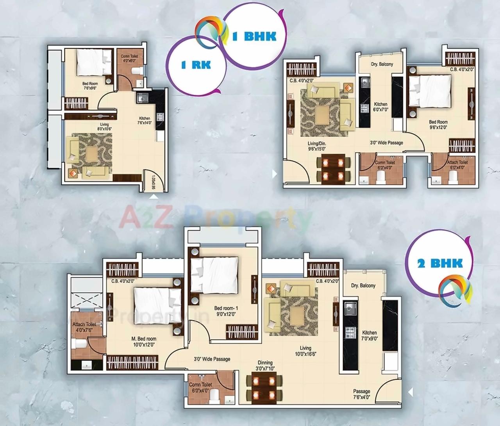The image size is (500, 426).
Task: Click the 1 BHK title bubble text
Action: click(254, 36)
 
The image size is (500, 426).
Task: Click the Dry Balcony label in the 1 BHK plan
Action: click(381, 64)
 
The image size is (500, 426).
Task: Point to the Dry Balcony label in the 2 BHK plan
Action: click(363, 285)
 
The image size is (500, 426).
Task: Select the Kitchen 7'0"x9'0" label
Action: click(369, 336)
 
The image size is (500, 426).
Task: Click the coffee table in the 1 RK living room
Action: click(92, 153)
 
